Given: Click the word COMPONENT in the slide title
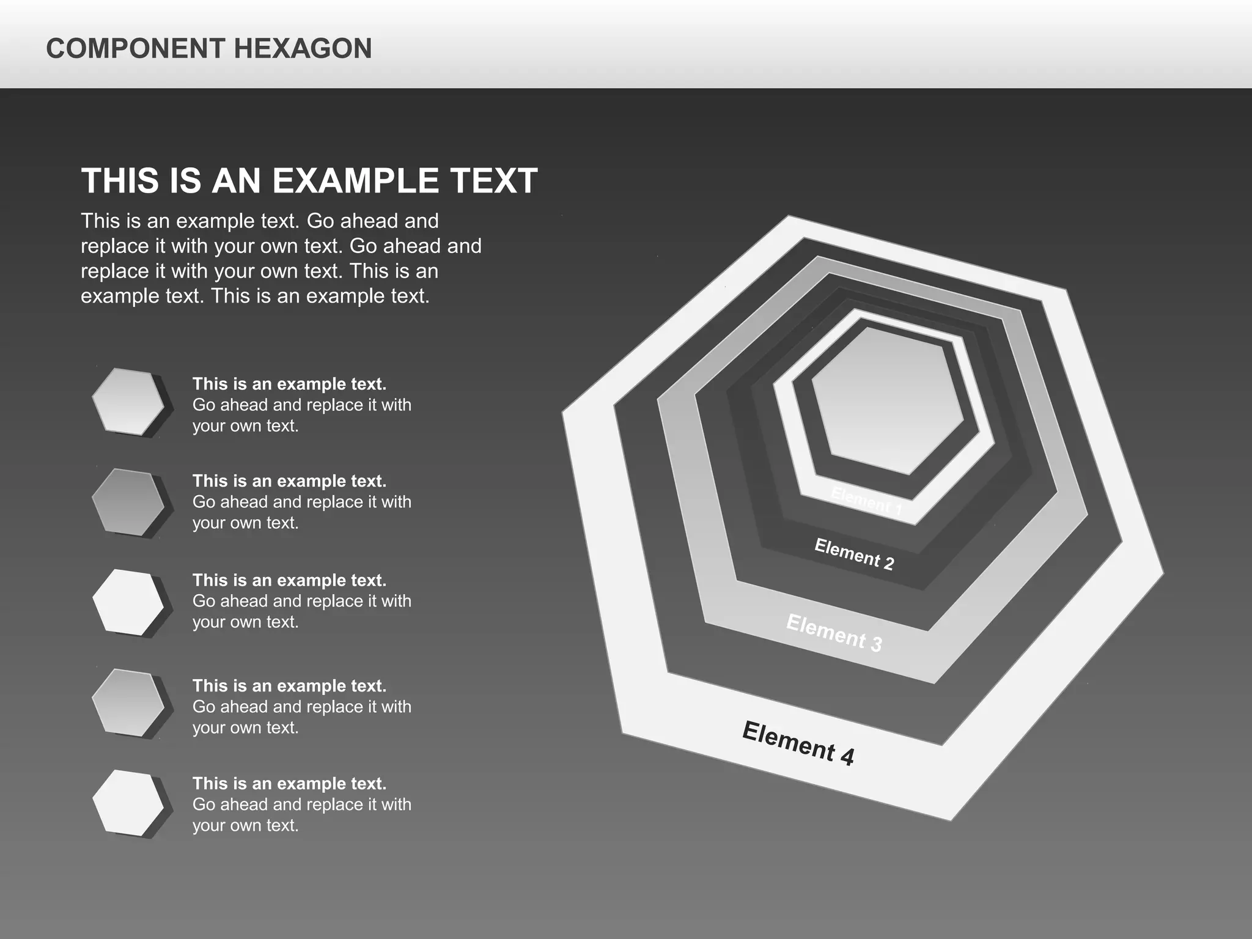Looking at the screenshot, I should tap(136, 49).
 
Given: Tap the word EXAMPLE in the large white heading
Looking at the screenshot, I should tap(355, 181).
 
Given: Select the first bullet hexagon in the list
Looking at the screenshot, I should tap(128, 402).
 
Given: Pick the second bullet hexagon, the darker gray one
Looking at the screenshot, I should tap(128, 502).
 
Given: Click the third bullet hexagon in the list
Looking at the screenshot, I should tap(128, 602).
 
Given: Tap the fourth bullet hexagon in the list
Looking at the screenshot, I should tap(128, 702).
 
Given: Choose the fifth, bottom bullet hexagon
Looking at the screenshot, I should tap(128, 803).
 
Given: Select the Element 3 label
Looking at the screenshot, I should tap(834, 633).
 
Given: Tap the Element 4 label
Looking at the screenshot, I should tap(798, 743).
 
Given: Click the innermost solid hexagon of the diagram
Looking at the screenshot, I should tap(888, 401).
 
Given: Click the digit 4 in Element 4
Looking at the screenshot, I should tap(847, 757).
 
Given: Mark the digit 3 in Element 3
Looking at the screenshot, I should tap(875, 644).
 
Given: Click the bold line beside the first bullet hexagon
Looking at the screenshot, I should tap(289, 384).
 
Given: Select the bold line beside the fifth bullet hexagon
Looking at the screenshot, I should tap(289, 784).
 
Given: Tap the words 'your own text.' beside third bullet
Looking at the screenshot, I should tap(245, 622).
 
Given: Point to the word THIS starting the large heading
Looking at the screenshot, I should tap(120, 181).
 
